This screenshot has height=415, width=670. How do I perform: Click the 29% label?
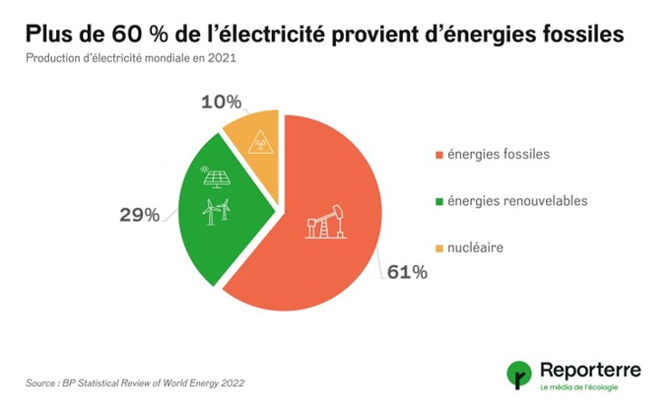point(140,214)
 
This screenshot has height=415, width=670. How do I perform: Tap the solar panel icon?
point(215,177)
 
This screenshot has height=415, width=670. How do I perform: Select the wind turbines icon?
point(216,210)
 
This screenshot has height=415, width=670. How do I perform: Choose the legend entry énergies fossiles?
point(498,155)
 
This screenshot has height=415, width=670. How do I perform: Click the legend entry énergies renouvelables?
point(516,201)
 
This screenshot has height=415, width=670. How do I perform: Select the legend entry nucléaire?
point(475,247)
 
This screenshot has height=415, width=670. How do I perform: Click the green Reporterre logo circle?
point(518,375)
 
